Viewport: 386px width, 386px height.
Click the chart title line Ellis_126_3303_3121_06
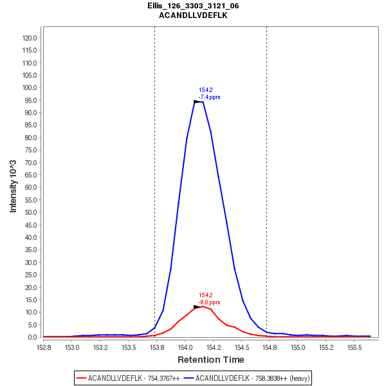pyautogui.click(x=193, y=6)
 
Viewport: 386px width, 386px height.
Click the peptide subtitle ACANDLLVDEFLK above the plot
pyautogui.click(x=193, y=15)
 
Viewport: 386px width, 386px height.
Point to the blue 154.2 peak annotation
pyautogui.click(x=206, y=90)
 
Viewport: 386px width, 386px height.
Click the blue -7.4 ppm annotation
pyautogui.click(x=209, y=97)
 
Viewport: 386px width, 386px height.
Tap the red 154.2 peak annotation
pyautogui.click(x=206, y=295)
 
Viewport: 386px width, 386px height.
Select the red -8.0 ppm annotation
pyautogui.click(x=209, y=302)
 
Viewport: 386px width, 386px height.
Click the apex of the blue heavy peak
pyautogui.click(x=199, y=102)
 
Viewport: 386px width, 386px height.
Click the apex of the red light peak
pyautogui.click(x=203, y=306)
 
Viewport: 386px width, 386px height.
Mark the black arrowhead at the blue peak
pyautogui.click(x=197, y=102)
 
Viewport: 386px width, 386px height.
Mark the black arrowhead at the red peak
pyautogui.click(x=197, y=307)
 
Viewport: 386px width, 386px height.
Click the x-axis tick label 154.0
pyautogui.click(x=185, y=347)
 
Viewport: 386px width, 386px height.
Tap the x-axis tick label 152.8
pyautogui.click(x=44, y=347)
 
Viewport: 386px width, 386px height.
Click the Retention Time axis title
pyautogui.click(x=210, y=360)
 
